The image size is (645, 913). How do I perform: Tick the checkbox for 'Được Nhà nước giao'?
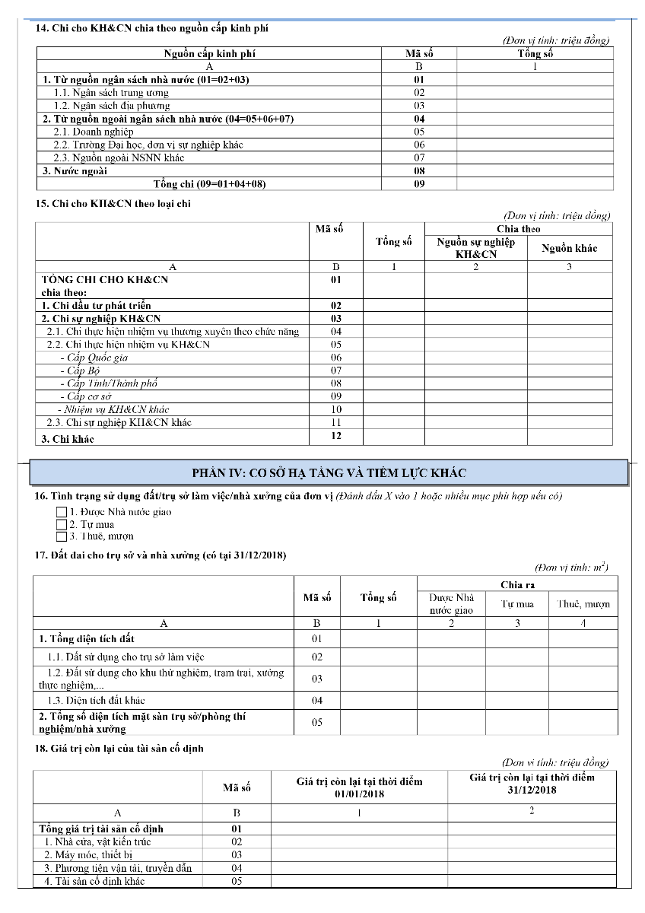click(62, 512)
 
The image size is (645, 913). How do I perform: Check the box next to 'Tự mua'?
click(62, 524)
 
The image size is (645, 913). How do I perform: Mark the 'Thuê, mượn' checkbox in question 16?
click(62, 536)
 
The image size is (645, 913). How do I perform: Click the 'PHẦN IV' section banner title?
click(329, 473)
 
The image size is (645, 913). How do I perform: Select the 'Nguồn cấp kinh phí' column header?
click(209, 54)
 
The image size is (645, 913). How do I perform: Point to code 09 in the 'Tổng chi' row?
click(419, 184)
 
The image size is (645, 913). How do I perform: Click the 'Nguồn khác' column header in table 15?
click(569, 248)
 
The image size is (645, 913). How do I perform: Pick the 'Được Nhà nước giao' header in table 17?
click(451, 604)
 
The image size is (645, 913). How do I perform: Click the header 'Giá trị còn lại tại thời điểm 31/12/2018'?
click(532, 784)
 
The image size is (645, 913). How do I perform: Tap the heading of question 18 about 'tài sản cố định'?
click(119, 748)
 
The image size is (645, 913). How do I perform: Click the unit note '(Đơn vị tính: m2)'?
click(570, 568)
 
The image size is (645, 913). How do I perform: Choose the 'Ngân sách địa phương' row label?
click(111, 106)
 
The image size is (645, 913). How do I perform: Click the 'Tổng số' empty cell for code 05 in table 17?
click(378, 722)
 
